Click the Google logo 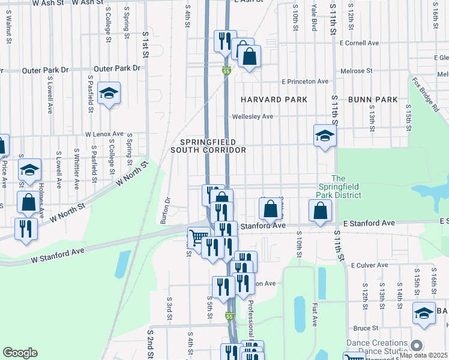pyautogui.click(x=20, y=353)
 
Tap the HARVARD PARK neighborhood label pyautogui.click(x=274, y=100)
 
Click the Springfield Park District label pyautogui.click(x=339, y=187)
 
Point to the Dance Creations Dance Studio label pyautogui.click(x=376, y=347)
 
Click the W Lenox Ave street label pyautogui.click(x=104, y=134)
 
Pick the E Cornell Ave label pyautogui.click(x=359, y=43)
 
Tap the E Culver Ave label pyautogui.click(x=371, y=265)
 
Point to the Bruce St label pyautogui.click(x=366, y=328)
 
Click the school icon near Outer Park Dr pyautogui.click(x=109, y=94)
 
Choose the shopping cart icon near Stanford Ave pyautogui.click(x=198, y=237)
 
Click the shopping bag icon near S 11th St pyautogui.click(x=321, y=211)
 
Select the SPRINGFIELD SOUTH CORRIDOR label pyautogui.click(x=208, y=146)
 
